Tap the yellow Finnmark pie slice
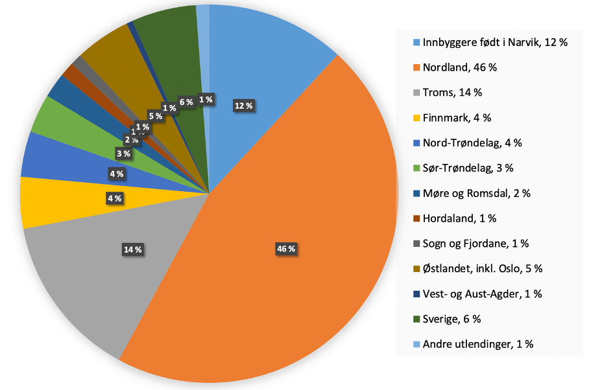(58, 201)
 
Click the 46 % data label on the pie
(286, 249)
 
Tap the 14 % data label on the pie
(133, 249)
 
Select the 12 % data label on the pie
(244, 106)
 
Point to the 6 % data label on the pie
(186, 102)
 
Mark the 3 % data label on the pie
(123, 154)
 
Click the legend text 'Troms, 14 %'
(452, 92)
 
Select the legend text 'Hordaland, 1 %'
(460, 218)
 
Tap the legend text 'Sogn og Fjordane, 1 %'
(475, 244)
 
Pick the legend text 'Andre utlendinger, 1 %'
(477, 344)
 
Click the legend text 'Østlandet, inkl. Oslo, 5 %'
(482, 268)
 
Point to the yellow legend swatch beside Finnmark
(416, 118)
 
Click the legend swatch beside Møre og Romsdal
(416, 194)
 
